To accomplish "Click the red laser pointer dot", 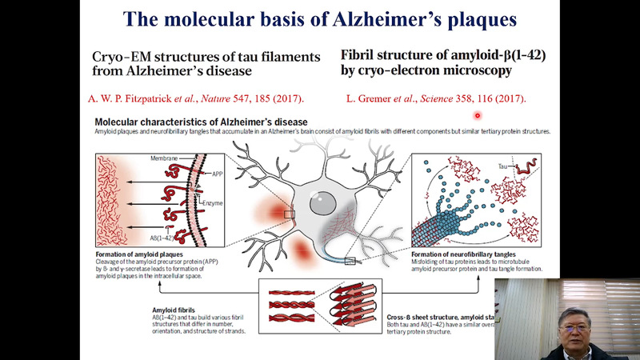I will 478,114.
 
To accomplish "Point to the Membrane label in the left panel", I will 163,159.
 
